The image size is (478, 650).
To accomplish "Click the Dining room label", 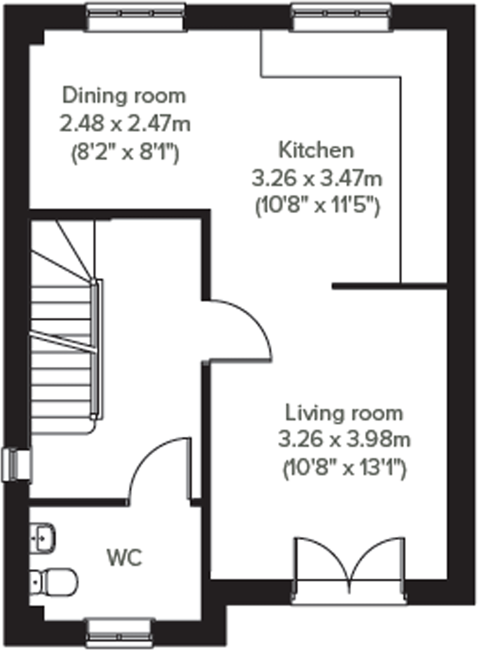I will [x=124, y=96].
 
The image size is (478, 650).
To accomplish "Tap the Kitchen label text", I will [x=316, y=150].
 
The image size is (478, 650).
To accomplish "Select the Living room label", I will [x=344, y=413].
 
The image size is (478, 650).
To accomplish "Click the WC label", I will [x=124, y=558].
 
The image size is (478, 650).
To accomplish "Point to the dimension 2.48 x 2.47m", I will [x=125, y=124].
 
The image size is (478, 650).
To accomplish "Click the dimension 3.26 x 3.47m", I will [x=317, y=178].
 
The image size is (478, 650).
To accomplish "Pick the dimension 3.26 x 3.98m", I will [x=344, y=440].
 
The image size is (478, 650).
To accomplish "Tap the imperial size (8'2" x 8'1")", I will [x=125, y=152].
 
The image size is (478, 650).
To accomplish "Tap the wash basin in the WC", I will [x=43, y=538].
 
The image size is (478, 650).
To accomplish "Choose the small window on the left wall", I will [x=17, y=465].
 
